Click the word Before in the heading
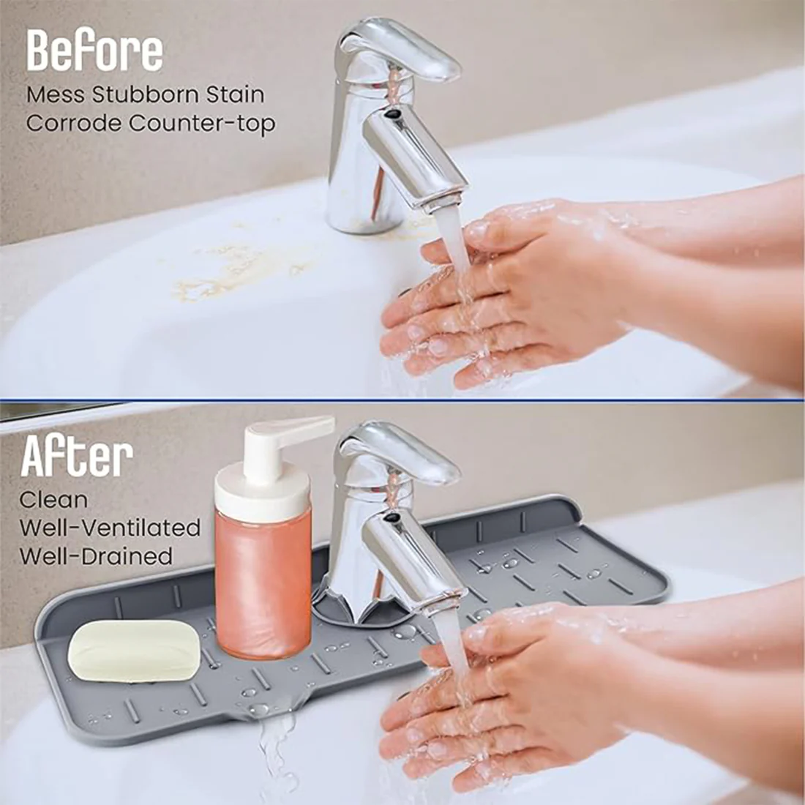[94, 50]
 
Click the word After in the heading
[77, 458]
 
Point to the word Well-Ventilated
[110, 528]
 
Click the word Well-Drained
[96, 555]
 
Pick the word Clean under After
[53, 501]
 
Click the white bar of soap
[134, 650]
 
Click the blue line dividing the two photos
[402, 400]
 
